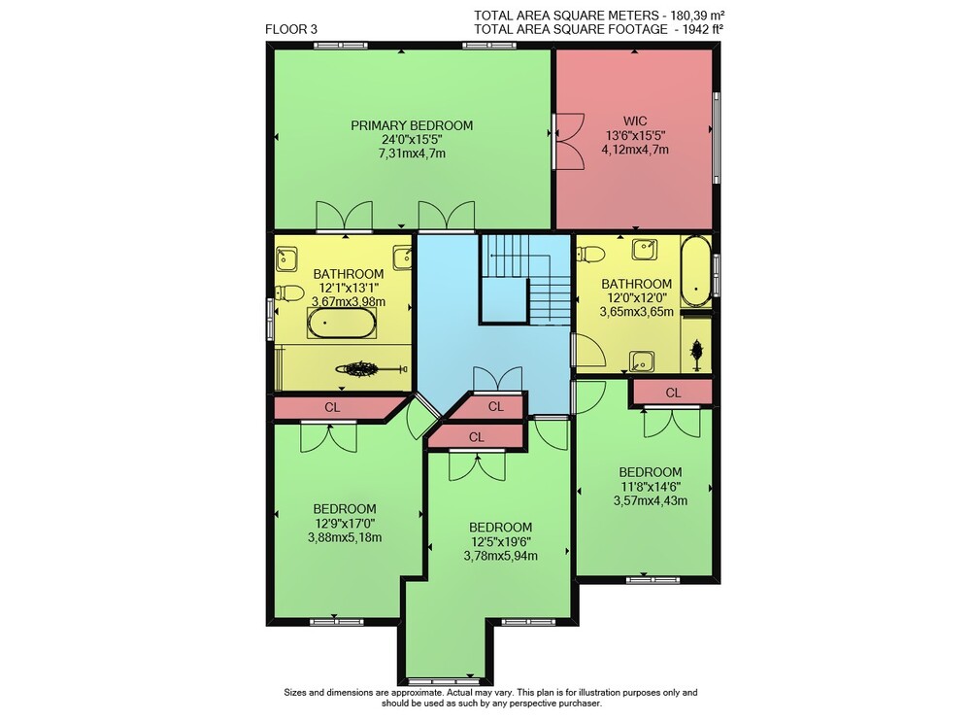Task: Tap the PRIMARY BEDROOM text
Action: tap(412, 125)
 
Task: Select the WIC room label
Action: tap(635, 121)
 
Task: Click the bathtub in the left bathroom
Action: tap(341, 323)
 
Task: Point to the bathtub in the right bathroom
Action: tap(696, 271)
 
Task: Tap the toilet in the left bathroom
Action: tap(289, 293)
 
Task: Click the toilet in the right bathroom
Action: tap(591, 254)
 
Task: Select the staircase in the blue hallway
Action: tap(525, 279)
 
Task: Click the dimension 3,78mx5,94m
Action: tap(500, 556)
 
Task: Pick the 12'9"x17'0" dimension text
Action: tap(345, 524)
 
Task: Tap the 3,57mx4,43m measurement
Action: tap(651, 500)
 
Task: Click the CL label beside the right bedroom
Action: tap(673, 393)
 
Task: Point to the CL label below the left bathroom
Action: tap(332, 408)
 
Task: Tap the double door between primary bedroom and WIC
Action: tap(568, 141)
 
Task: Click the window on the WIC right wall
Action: tap(716, 138)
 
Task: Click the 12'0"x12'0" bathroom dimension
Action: tap(637, 298)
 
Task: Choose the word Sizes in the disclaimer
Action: tap(295, 693)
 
